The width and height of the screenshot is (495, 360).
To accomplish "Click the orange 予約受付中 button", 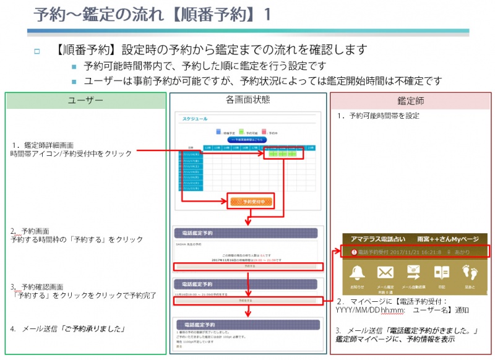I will tap(250, 202).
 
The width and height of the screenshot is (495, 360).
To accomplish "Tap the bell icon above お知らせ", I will tap(357, 273).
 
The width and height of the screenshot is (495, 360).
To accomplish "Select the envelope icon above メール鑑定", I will tap(385, 273).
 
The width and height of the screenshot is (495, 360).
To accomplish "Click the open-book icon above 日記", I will tap(441, 273).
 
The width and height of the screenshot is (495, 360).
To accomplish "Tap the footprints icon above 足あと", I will tap(470, 273).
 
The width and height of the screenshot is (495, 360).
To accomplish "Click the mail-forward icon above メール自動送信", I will tap(413, 272).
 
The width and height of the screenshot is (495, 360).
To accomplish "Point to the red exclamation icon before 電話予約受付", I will tap(353, 252).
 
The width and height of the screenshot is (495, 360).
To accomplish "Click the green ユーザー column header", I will tap(86, 100).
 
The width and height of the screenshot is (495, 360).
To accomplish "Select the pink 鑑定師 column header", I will tap(410, 100).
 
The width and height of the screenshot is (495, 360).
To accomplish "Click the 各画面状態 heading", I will tap(247, 99).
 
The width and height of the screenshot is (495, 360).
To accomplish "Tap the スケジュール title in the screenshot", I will tap(195, 119).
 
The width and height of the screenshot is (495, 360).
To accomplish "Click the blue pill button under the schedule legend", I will tap(247, 140).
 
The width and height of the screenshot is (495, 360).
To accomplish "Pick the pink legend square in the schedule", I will tap(264, 131).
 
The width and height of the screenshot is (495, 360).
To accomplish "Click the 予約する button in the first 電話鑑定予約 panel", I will tap(247, 266).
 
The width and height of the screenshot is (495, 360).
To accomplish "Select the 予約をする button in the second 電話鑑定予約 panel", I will tap(247, 300).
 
